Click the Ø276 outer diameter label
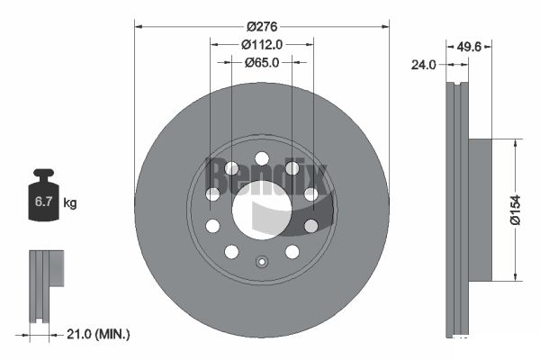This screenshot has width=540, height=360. [x=262, y=26]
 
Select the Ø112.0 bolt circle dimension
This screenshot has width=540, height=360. [x=262, y=44]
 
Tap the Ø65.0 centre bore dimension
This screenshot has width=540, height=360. [x=262, y=63]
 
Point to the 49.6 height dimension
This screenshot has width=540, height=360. [x=469, y=47]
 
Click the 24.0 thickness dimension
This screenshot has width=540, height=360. [x=423, y=65]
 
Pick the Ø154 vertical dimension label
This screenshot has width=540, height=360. [x=516, y=210]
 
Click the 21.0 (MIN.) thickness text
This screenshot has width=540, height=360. [x=98, y=334]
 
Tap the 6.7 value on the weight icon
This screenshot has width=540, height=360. [x=43, y=202]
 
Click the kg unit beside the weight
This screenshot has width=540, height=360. [x=70, y=202]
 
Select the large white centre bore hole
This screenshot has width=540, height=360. [x=262, y=210]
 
